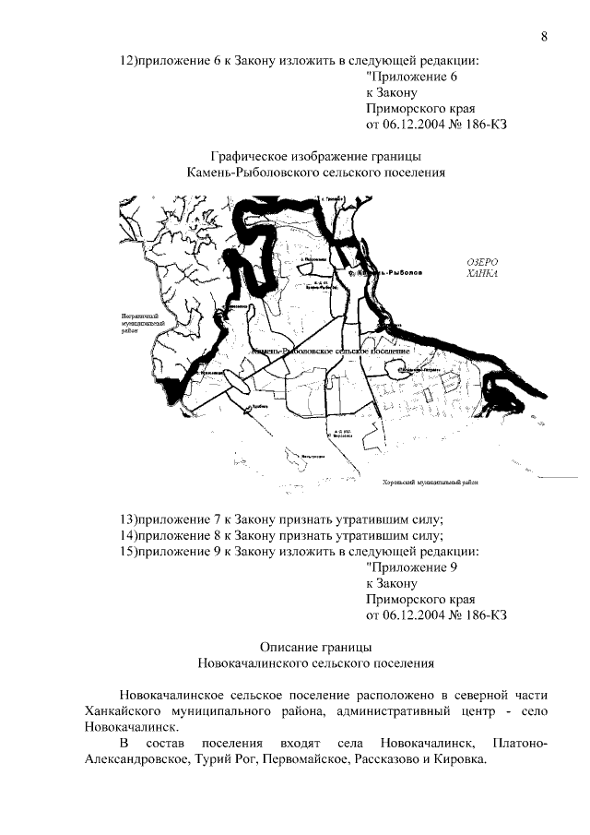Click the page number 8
(x=544, y=37)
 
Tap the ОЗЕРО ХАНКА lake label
(x=482, y=268)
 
